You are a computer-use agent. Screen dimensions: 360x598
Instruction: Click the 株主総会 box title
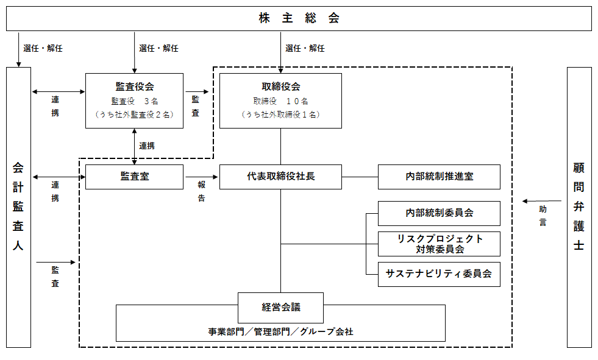click(x=299, y=18)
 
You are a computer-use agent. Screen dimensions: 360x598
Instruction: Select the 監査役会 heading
click(x=134, y=86)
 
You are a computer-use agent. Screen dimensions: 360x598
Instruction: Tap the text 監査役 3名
click(x=134, y=101)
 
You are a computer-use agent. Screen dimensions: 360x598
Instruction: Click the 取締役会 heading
click(x=280, y=86)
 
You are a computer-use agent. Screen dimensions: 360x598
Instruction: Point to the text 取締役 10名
click(x=280, y=101)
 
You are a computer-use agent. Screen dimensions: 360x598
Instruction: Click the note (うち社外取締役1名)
click(x=280, y=114)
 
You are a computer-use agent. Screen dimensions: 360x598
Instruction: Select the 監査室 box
click(x=134, y=177)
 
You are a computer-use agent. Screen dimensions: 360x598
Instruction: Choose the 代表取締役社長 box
click(x=280, y=177)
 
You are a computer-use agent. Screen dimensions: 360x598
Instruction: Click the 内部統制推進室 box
click(x=439, y=177)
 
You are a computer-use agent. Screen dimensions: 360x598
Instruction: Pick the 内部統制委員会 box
click(x=439, y=213)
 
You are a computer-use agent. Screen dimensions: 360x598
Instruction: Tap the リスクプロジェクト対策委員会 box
click(x=439, y=244)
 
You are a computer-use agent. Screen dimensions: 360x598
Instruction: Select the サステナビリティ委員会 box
click(x=439, y=274)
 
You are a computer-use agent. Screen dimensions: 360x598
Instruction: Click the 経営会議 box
click(x=280, y=307)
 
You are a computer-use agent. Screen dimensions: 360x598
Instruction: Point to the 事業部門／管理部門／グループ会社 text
click(x=280, y=332)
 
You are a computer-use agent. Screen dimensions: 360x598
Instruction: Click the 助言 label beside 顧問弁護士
click(x=543, y=216)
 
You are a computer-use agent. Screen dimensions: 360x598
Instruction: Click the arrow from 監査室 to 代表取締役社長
click(x=201, y=177)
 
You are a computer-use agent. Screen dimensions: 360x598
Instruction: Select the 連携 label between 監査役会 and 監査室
click(x=147, y=146)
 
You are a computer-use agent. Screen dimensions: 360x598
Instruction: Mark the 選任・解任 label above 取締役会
click(x=305, y=48)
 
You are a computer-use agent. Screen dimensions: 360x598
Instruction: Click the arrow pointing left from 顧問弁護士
click(x=542, y=201)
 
